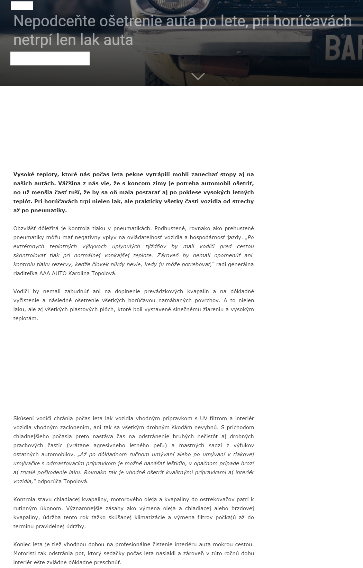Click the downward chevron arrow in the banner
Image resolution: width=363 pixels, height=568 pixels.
tap(198, 76)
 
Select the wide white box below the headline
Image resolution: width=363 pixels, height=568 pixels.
tap(50, 58)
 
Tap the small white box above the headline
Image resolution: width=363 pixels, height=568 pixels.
tap(22, 6)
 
